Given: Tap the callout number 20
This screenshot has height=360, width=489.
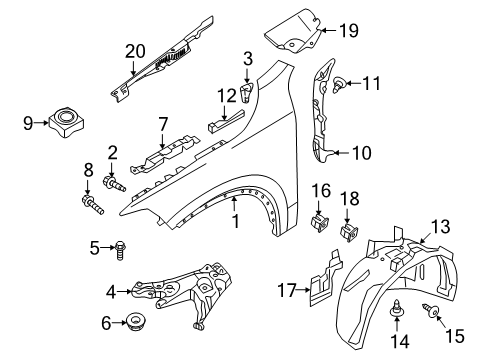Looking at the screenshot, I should (x=136, y=50).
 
